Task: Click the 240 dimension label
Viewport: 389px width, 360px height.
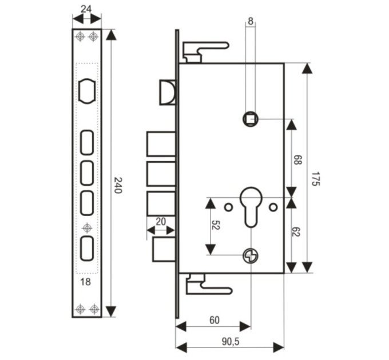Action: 118,185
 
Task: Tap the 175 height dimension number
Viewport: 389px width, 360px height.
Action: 316,179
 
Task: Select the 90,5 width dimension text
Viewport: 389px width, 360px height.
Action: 231,342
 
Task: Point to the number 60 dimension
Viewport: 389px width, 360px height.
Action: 215,320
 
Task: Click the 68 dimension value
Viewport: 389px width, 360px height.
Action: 297,160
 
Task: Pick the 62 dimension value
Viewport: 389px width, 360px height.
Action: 296,231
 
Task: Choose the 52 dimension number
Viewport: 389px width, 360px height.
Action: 216,225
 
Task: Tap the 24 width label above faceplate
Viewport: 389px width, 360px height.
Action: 86,9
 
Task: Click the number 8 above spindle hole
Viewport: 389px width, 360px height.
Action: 251,21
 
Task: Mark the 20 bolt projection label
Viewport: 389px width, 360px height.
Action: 161,222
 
